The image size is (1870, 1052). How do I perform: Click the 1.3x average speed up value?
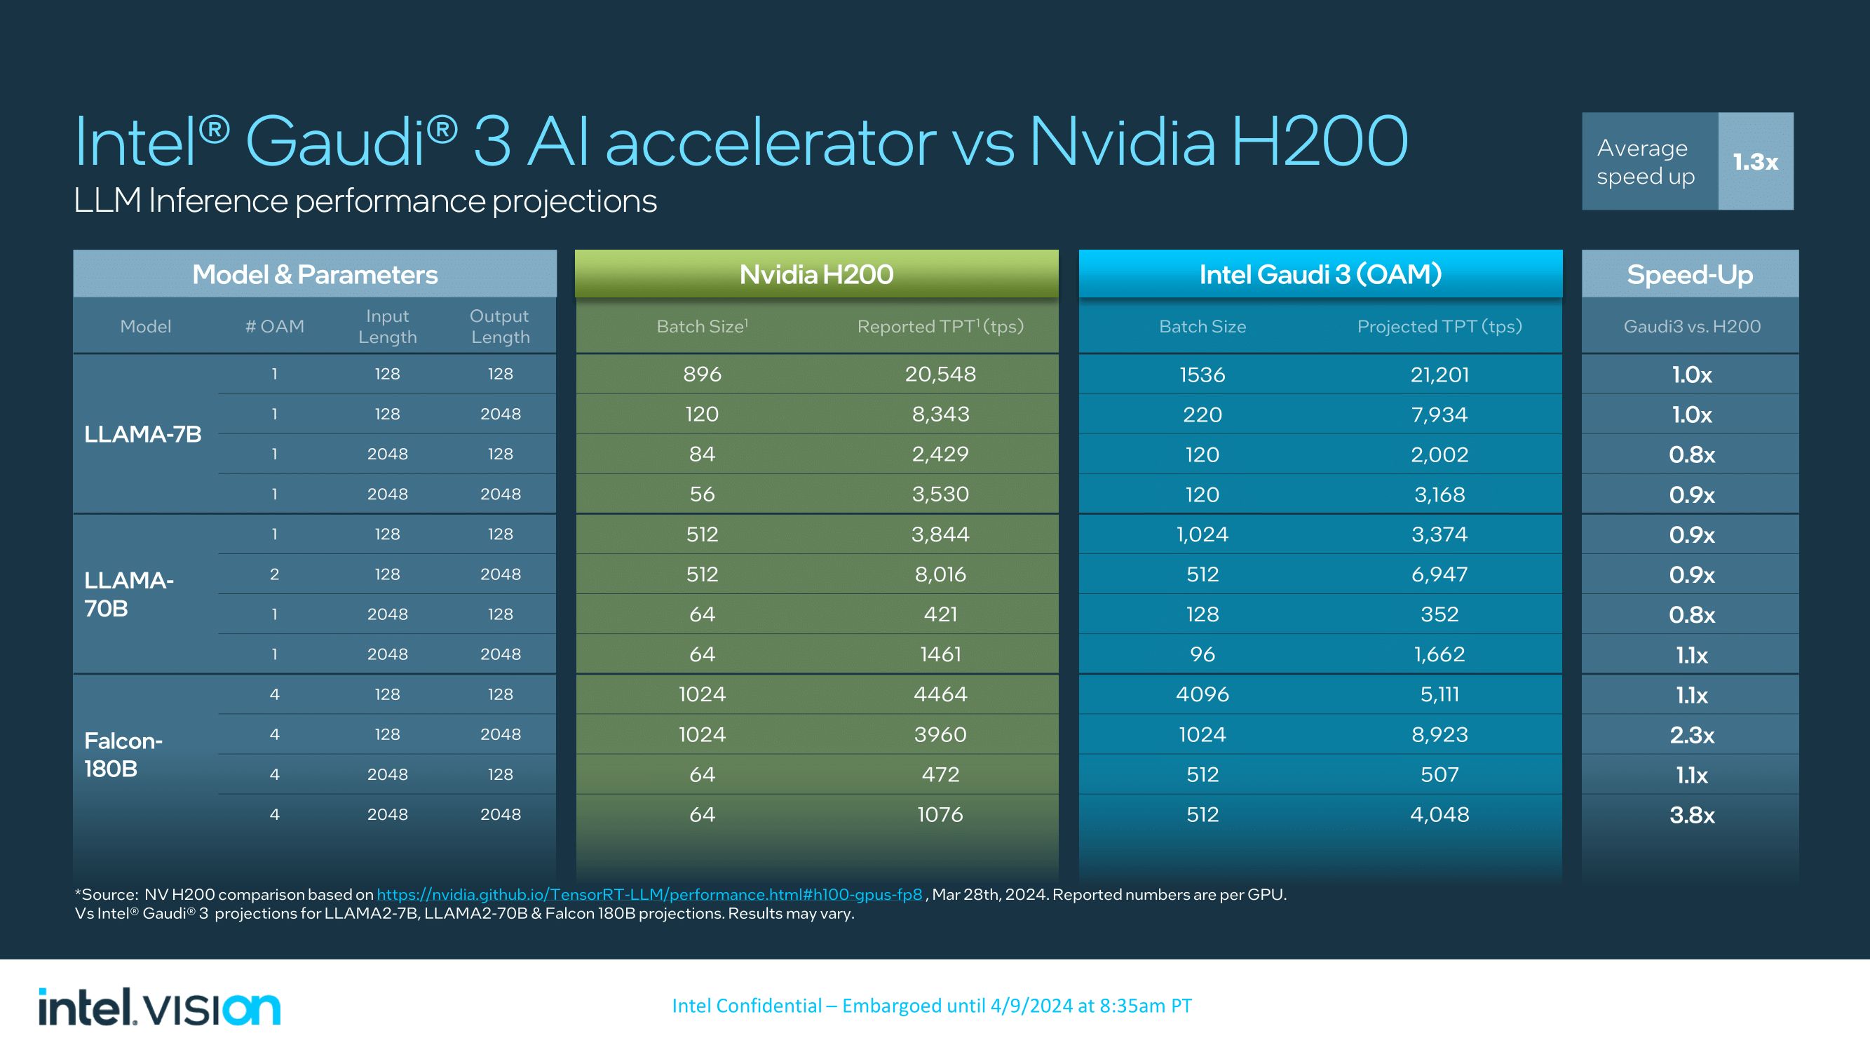click(1755, 161)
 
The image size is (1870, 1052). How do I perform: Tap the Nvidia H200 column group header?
click(816, 274)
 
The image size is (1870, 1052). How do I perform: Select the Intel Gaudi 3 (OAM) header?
click(1320, 274)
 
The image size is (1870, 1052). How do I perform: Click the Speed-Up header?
click(1689, 274)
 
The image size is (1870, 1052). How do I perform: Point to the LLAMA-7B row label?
click(143, 434)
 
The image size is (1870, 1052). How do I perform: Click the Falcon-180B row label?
click(123, 755)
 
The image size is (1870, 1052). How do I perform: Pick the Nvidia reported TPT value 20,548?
click(940, 374)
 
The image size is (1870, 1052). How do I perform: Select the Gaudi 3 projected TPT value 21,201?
click(1439, 375)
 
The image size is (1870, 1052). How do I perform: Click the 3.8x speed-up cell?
click(1691, 814)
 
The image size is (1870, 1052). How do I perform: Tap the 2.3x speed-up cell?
click(1691, 735)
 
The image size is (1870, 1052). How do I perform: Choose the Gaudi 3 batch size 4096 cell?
click(1202, 694)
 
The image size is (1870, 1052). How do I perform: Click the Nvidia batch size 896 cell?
click(702, 374)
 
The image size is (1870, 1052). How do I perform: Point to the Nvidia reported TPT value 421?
click(940, 614)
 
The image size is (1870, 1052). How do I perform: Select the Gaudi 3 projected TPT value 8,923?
click(1439, 735)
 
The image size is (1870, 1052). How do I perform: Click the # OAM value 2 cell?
click(274, 574)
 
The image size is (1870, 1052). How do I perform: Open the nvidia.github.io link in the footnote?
click(649, 894)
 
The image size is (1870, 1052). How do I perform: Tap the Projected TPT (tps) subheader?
click(1439, 327)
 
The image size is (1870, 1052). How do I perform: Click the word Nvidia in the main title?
click(1123, 142)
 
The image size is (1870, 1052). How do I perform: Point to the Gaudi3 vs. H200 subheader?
click(1691, 327)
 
